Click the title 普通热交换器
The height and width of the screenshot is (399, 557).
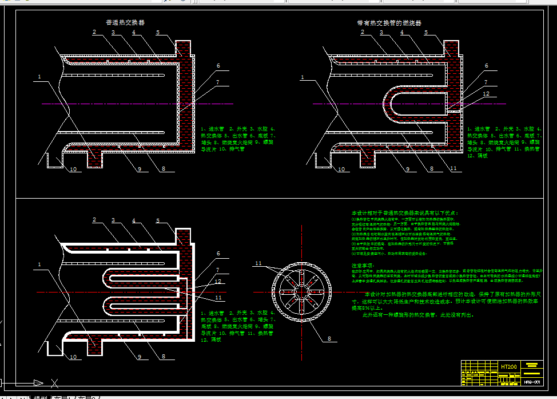tap(125, 23)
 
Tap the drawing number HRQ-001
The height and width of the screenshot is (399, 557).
tap(531, 381)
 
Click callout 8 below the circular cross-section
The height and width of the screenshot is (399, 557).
tap(329, 339)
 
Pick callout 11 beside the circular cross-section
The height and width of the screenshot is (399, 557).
tap(258, 263)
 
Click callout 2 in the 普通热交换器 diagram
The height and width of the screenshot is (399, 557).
tap(93, 32)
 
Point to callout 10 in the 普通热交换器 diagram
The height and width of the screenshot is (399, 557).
tap(73, 169)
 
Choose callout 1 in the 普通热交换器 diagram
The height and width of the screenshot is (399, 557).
tap(39, 76)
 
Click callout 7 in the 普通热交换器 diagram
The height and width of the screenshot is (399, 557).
tap(218, 82)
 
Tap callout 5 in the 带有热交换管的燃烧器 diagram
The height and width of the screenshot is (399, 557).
tap(426, 32)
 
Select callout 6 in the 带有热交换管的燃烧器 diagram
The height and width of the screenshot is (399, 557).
tap(486, 65)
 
